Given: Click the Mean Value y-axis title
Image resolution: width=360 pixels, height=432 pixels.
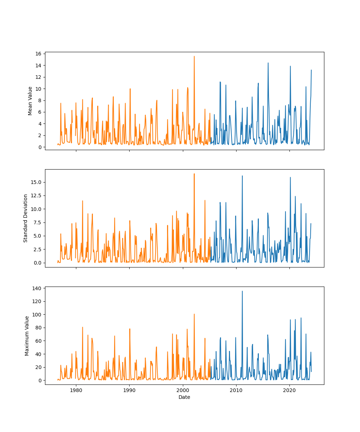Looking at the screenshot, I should coord(30,101).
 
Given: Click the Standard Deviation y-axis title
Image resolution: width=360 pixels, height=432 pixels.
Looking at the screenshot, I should coord(26,218).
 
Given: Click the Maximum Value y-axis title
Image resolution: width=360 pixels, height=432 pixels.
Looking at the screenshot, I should coord(27,336).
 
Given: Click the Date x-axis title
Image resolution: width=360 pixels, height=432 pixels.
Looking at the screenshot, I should coord(184,397).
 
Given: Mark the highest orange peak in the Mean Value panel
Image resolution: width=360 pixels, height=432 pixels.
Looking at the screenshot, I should coord(194,56).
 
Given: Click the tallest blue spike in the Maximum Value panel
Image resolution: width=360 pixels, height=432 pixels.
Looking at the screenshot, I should coord(242,291).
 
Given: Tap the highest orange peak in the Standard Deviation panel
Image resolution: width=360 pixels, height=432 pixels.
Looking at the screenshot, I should coord(194,174).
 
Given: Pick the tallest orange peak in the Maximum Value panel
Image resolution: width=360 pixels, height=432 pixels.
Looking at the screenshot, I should coord(194,314).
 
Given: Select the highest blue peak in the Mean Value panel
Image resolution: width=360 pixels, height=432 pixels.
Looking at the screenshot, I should coord(268,63).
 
